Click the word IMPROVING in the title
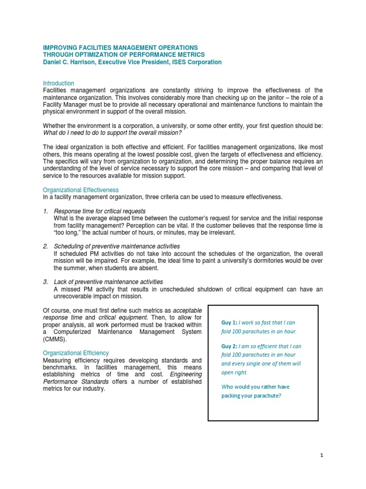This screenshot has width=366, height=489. click(x=60, y=47)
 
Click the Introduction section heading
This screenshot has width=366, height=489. click(x=59, y=83)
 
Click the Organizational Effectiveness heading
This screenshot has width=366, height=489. click(x=81, y=190)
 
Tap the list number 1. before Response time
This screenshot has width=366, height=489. click(x=45, y=211)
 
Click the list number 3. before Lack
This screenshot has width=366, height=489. click(x=45, y=282)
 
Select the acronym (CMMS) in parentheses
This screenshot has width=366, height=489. click(x=54, y=339)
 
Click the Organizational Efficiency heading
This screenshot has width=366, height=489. click(x=76, y=353)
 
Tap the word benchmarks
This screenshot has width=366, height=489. click(x=61, y=367)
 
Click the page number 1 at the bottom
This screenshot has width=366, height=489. click(x=322, y=455)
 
